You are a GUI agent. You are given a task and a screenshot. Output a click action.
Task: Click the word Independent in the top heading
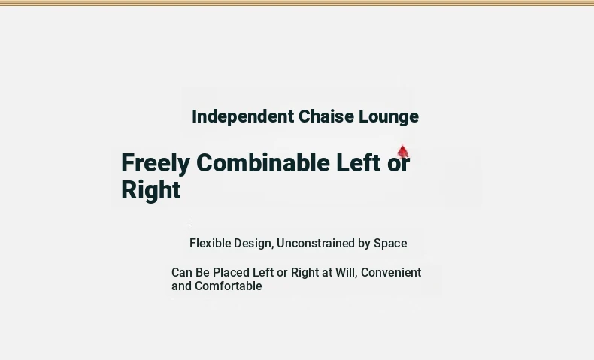[x=243, y=117]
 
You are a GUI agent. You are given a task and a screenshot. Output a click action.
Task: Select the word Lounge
[x=389, y=117]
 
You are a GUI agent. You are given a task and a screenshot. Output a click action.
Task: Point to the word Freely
[x=156, y=164]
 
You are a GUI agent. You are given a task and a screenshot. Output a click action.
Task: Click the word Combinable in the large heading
[x=263, y=162]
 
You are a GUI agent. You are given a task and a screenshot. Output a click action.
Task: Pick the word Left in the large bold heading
[x=359, y=162]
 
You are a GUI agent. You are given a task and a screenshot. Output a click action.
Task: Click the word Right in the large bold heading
[x=151, y=190]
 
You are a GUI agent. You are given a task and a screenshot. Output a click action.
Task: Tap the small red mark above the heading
[x=403, y=151]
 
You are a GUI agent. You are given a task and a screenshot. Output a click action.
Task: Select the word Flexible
[x=210, y=243]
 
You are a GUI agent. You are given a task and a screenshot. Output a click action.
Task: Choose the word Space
[x=390, y=244]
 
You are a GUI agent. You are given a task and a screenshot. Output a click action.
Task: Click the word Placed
[x=231, y=273]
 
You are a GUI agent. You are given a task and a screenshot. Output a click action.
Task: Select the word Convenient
[x=391, y=273]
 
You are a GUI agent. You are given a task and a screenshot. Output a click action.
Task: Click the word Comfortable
[x=228, y=286]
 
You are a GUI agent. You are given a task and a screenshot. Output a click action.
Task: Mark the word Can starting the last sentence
[x=182, y=273]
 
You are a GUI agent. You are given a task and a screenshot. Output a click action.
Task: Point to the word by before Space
[x=364, y=244]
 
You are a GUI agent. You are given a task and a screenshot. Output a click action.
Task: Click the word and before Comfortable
[x=181, y=286]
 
